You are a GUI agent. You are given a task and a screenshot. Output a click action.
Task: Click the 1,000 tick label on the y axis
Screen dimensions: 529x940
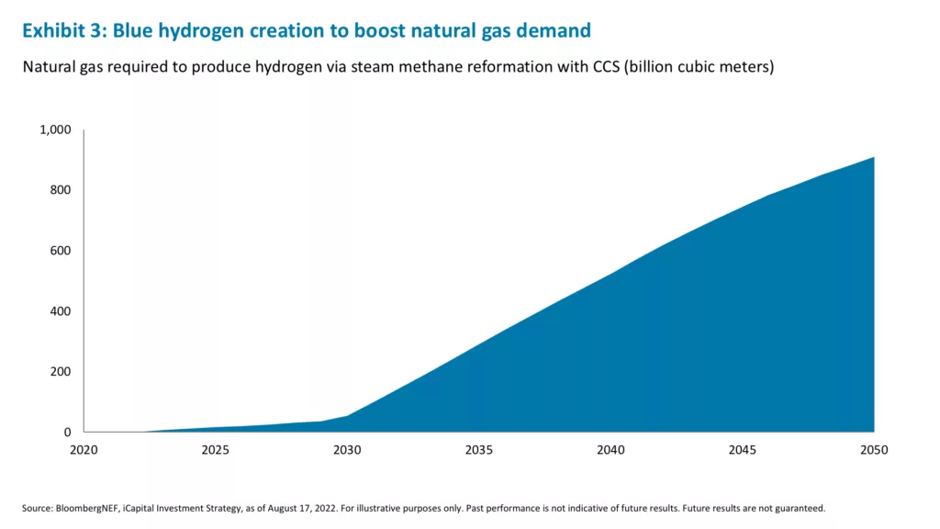(55, 129)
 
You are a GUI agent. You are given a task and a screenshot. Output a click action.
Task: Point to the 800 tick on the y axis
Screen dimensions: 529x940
(60, 190)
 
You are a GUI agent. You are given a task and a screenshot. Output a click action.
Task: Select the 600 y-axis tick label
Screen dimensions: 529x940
(60, 251)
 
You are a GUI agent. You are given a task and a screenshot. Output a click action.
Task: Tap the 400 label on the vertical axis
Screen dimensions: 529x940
(60, 311)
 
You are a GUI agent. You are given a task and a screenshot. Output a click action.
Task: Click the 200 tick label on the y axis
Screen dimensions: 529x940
(60, 372)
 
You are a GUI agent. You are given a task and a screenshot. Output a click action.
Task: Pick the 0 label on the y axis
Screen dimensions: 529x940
(67, 433)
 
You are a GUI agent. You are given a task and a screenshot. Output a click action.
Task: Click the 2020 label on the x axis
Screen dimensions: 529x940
(84, 450)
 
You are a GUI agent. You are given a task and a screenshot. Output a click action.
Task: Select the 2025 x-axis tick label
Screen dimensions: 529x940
(215, 450)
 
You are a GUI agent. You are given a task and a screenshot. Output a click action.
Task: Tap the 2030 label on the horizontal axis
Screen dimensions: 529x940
(347, 450)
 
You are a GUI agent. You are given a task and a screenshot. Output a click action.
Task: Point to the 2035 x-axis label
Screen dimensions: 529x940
(478, 450)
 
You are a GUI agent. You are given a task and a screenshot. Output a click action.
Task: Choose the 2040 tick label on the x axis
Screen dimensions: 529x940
(610, 450)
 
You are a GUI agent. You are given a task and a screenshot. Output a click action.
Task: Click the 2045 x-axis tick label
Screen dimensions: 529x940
(742, 450)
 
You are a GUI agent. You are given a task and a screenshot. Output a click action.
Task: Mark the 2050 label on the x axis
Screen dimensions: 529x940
(873, 450)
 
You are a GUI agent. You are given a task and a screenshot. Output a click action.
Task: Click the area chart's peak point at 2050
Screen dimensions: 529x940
(873, 157)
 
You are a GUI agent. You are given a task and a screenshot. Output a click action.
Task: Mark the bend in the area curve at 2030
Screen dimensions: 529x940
(347, 416)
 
